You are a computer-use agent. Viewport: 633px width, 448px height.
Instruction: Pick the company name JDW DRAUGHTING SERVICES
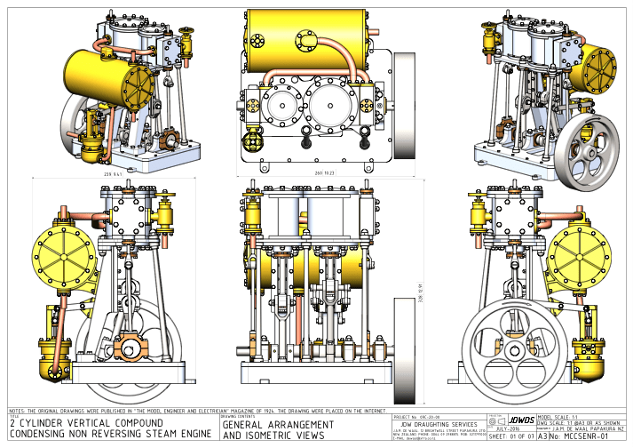435,423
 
